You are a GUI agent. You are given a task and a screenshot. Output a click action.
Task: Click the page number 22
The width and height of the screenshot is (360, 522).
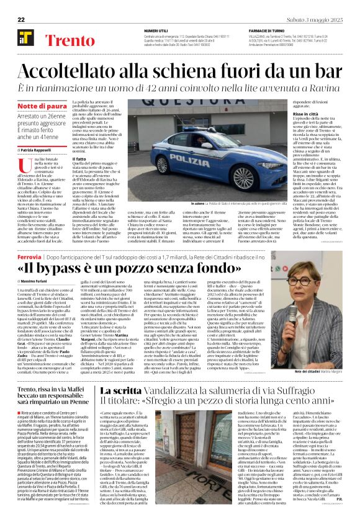point(22,20)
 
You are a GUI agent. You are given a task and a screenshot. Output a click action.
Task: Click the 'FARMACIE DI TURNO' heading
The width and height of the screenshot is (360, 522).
point(265,30)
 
